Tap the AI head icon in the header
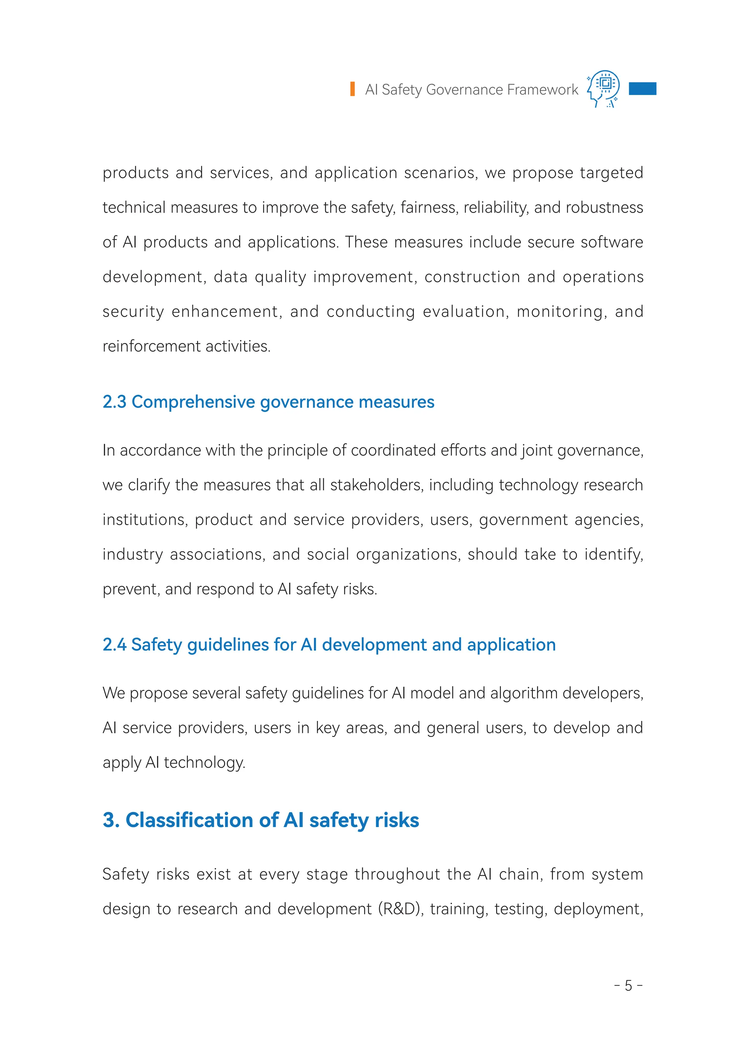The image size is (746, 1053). click(603, 88)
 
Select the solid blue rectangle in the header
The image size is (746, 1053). click(642, 88)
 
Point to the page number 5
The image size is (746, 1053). click(628, 986)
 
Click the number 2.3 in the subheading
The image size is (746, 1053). click(114, 402)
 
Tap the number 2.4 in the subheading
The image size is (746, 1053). click(114, 645)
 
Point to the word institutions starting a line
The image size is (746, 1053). click(145, 520)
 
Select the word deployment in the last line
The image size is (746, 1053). click(598, 909)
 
